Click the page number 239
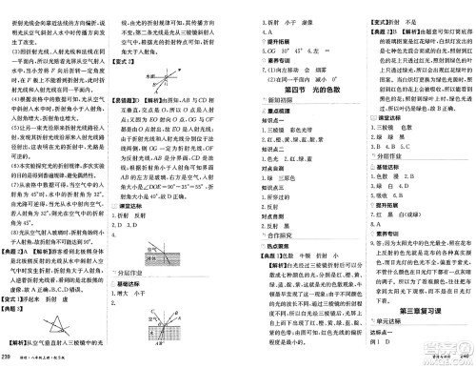[10, 357]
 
